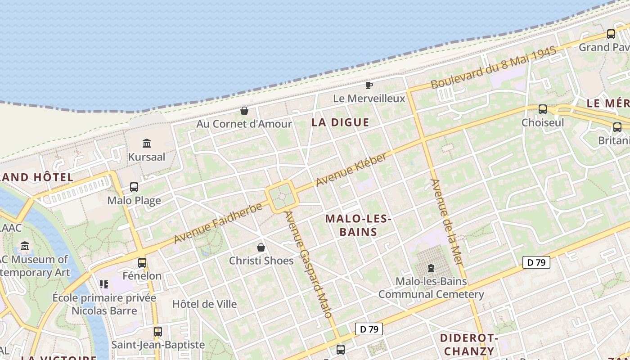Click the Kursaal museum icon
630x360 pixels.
click(147, 144)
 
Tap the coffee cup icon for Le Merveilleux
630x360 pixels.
click(369, 85)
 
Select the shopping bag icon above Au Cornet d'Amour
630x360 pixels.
click(244, 111)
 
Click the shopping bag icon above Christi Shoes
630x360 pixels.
click(261, 247)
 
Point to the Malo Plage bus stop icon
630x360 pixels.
click(134, 187)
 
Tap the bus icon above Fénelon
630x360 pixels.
click(142, 263)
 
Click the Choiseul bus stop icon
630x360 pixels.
click(543, 109)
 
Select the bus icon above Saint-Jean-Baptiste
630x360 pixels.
click(158, 332)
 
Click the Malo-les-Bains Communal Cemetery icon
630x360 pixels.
click(431, 268)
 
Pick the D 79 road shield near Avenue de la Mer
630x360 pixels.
click(536, 262)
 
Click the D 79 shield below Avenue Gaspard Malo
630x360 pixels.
click(369, 329)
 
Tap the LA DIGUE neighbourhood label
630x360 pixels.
click(340, 122)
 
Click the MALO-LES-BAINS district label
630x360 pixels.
click(358, 225)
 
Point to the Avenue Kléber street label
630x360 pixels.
click(351, 170)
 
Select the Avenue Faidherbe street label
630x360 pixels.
click(218, 223)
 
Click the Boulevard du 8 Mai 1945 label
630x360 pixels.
click(494, 68)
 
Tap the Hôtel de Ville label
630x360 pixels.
click(204, 304)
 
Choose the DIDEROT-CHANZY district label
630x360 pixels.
click(468, 344)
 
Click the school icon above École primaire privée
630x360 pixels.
click(104, 284)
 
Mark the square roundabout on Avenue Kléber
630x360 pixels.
click(282, 197)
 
